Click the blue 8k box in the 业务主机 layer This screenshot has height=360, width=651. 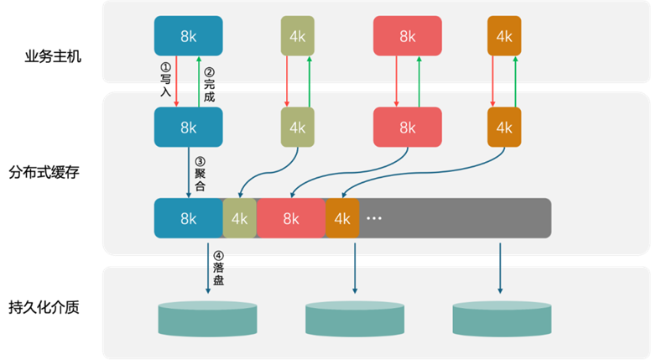[x=188, y=36]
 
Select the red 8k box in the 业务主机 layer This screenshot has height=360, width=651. [x=407, y=36]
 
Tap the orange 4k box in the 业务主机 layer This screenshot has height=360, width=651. [x=503, y=36]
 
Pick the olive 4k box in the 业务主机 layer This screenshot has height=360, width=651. [x=297, y=36]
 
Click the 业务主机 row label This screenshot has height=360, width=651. [x=53, y=58]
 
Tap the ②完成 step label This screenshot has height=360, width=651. [x=209, y=85]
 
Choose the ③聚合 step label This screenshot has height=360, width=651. [x=200, y=173]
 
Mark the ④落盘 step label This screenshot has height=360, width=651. [x=218, y=268]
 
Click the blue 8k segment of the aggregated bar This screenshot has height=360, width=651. [x=188, y=218]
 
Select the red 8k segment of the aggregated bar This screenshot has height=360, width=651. [x=290, y=218]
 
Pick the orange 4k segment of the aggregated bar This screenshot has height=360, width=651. [x=342, y=218]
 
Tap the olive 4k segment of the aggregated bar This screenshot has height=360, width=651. [x=240, y=218]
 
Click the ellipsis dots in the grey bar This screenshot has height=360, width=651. [x=374, y=218]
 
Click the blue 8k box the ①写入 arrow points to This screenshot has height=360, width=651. [x=188, y=128]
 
